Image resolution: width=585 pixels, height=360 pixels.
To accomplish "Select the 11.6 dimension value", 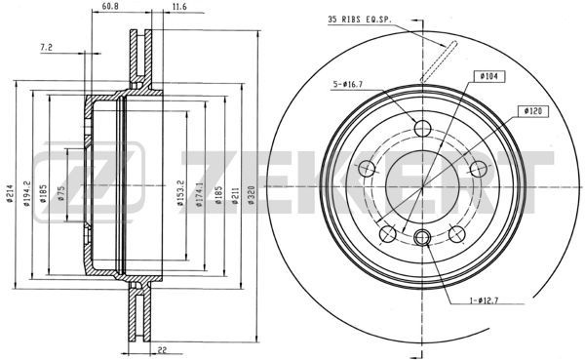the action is (179, 7).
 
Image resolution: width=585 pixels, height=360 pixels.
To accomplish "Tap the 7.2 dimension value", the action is (46, 48).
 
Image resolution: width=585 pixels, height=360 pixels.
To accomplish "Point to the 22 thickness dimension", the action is (162, 350).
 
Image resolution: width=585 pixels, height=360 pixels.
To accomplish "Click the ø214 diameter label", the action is (10, 193).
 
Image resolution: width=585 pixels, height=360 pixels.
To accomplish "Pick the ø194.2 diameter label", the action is (27, 194).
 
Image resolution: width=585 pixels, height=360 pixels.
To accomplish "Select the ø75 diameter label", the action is (61, 193).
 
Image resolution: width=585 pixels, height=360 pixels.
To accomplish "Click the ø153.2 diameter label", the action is (180, 193).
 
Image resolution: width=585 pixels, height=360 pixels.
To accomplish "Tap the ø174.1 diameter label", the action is (200, 194).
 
